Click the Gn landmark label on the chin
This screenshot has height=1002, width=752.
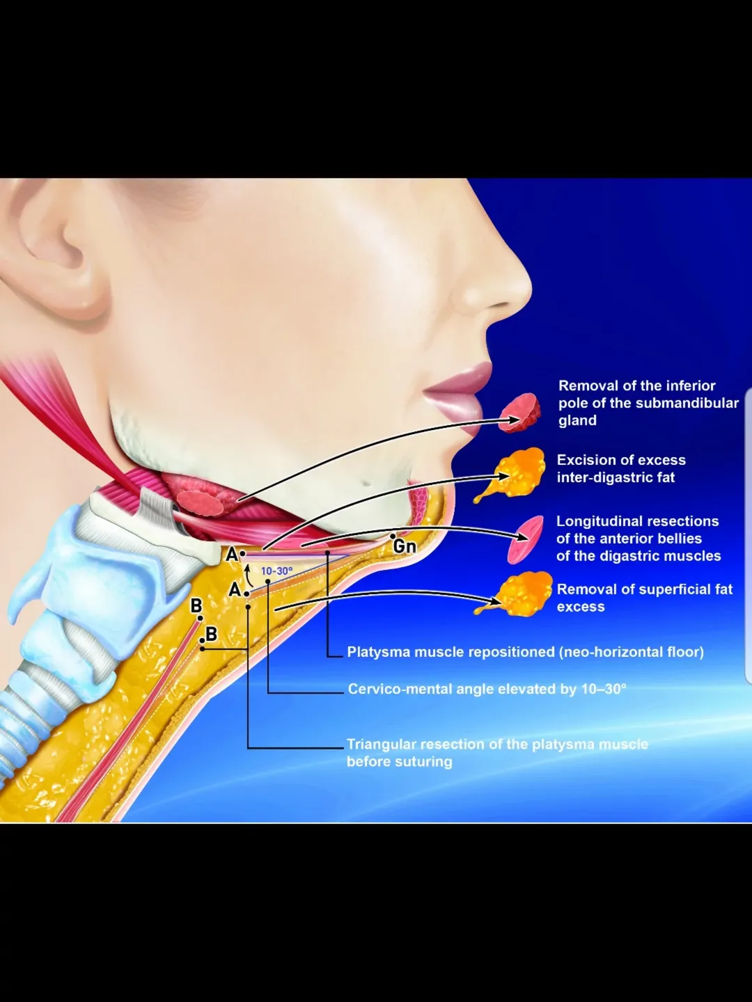pos(405,546)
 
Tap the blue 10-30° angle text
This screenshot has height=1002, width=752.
pos(276,571)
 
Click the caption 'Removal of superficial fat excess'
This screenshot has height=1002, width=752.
pos(644,598)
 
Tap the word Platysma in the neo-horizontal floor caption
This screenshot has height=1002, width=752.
pos(379,652)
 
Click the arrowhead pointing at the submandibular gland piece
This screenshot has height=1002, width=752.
pos(515,420)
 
